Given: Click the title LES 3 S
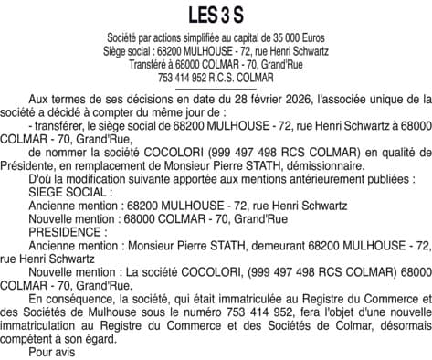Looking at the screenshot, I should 216,14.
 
